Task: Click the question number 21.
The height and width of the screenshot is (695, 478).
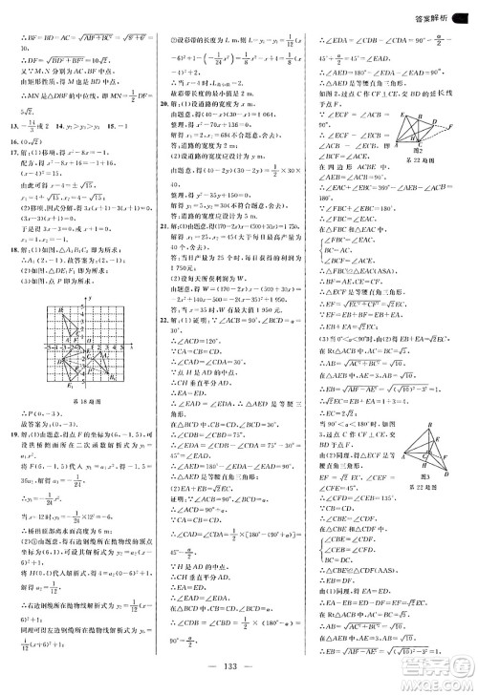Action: click(x=164, y=283)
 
